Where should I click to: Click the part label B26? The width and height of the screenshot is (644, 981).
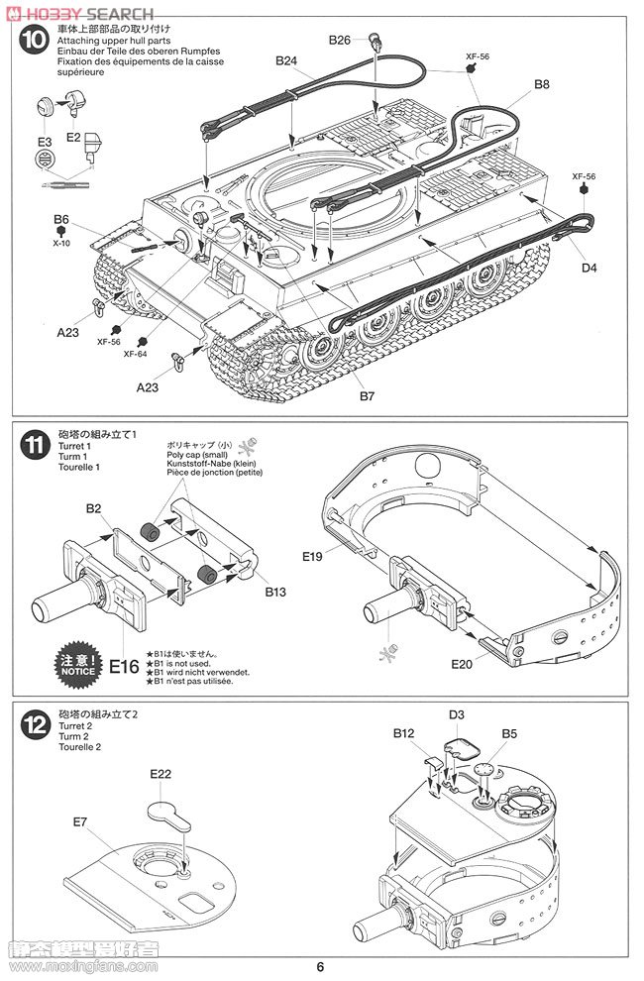tap(340, 40)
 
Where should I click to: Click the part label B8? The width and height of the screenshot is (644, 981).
tap(542, 84)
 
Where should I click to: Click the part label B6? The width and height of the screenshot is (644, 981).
tap(61, 219)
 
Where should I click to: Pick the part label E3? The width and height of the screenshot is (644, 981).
tap(44, 143)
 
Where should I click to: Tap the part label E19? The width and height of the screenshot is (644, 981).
tap(339, 558)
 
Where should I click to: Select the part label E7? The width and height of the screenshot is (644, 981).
tap(81, 820)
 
